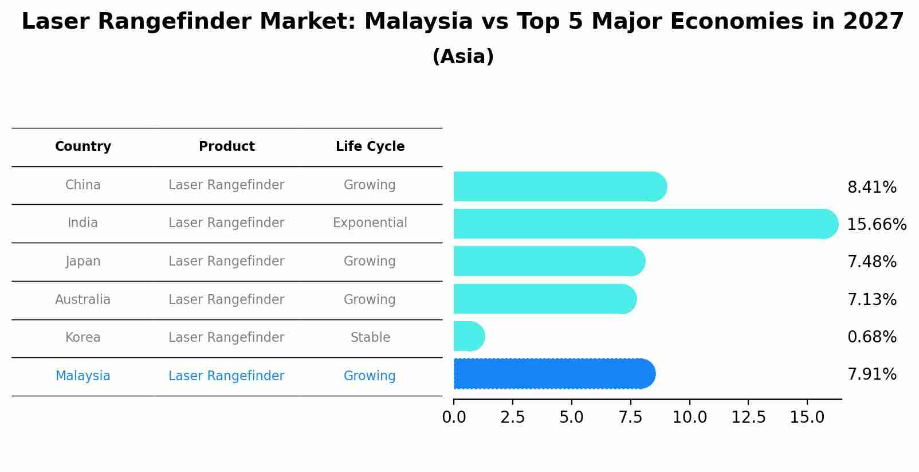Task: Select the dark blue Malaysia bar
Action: coord(553,374)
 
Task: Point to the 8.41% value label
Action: coord(871,188)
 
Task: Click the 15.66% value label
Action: coord(876,224)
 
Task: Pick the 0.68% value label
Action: coord(871,337)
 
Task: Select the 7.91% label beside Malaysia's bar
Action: coord(871,375)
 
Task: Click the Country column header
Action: coord(83,147)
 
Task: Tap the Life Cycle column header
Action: coord(370,147)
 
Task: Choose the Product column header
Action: coord(226,147)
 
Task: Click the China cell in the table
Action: coord(83,185)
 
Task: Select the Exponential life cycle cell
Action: coord(370,223)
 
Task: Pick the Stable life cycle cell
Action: coord(370,338)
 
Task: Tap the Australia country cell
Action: coord(83,299)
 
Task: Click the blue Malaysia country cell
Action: coord(83,376)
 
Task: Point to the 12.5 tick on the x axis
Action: coord(748,418)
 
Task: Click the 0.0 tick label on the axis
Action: coord(454,418)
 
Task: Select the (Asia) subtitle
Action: coord(463,57)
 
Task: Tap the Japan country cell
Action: coord(83,262)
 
